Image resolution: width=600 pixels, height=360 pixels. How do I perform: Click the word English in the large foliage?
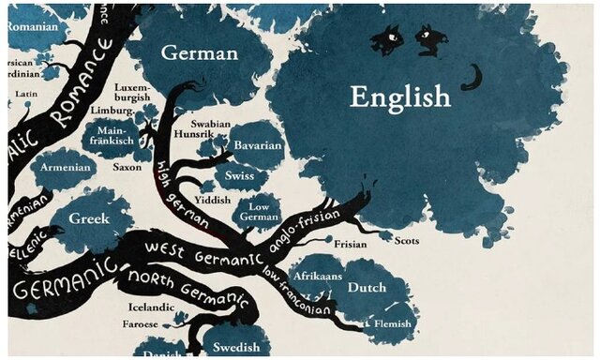(400, 96)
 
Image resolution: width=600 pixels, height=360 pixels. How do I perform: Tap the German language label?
(200, 52)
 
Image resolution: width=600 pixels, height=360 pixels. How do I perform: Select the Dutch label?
(367, 288)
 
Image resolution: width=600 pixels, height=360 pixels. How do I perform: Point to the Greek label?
(88, 218)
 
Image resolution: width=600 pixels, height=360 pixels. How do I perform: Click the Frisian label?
(351, 245)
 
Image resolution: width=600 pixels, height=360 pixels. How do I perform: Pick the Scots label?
(406, 240)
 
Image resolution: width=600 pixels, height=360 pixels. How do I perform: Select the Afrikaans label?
(314, 277)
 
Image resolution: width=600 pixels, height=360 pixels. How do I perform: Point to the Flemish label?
(392, 323)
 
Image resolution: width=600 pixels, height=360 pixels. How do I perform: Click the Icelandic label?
(152, 307)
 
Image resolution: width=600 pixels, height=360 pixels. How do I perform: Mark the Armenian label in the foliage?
(66, 167)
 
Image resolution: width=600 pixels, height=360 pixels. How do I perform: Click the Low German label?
(258, 212)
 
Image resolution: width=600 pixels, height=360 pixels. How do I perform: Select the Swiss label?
(240, 174)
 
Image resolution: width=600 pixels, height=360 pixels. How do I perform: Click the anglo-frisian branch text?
(306, 230)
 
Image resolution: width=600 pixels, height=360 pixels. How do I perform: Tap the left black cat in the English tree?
(385, 39)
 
